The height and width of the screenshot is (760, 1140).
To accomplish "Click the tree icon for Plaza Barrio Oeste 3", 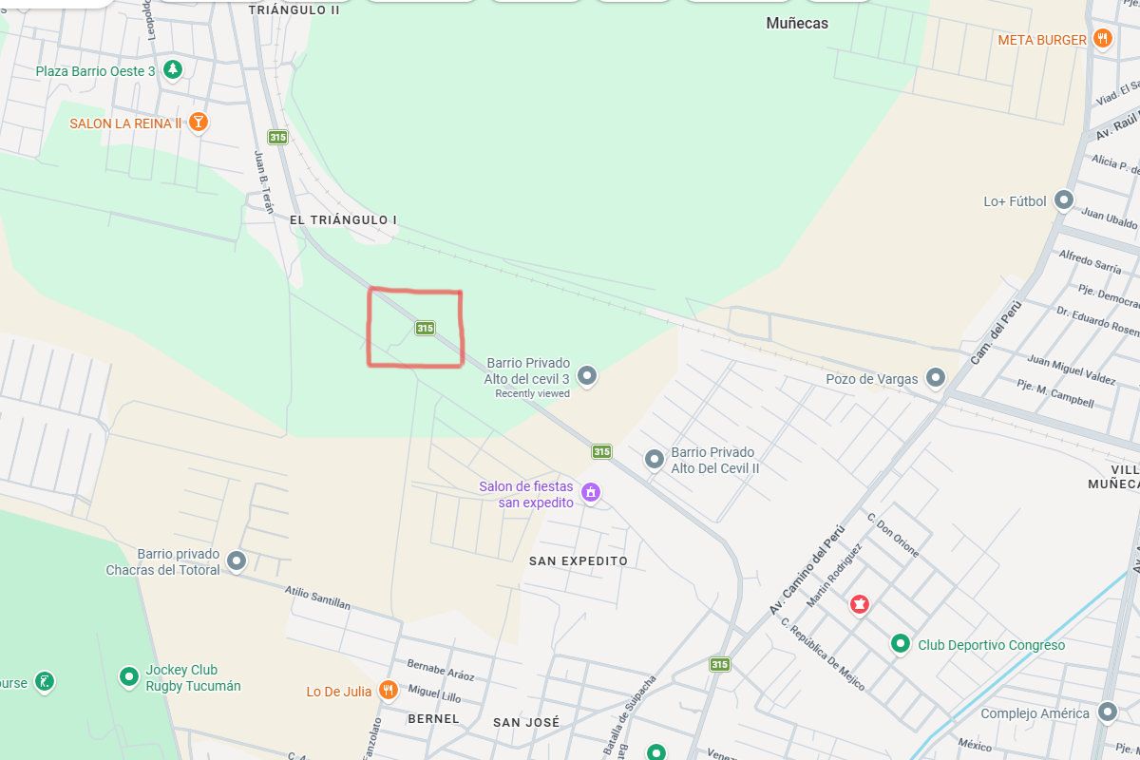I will [172, 69].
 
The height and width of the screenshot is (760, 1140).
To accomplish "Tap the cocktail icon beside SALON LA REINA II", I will [198, 122].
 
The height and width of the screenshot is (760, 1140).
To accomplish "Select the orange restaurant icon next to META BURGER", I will [1102, 39].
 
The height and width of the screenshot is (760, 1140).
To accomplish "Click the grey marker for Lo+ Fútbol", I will [1064, 200].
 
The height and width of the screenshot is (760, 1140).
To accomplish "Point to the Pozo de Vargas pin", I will [936, 378].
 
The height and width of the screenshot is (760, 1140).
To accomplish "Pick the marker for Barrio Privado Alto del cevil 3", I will [588, 376].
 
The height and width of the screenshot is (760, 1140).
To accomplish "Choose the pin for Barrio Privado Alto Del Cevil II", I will [655, 460].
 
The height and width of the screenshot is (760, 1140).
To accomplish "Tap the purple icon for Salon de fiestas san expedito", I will [591, 493].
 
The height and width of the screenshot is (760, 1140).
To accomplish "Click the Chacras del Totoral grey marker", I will [237, 560].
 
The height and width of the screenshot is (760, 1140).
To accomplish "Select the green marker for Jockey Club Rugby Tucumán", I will [129, 676].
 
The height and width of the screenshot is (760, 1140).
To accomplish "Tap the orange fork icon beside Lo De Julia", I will [388, 691].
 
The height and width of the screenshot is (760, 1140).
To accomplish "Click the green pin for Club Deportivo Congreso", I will [901, 644].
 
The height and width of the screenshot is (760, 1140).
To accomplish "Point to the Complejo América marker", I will [1107, 712].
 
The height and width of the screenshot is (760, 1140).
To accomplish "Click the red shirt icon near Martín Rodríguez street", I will [860, 603].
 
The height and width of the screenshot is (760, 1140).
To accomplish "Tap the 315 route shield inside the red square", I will [425, 328].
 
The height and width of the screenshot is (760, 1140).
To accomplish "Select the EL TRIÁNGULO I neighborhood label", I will [343, 219].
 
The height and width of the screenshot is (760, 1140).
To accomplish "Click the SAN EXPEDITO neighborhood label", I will [578, 560].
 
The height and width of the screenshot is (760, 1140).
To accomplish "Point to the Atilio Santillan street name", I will [318, 597].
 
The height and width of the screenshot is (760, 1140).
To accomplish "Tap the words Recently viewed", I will [532, 393].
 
